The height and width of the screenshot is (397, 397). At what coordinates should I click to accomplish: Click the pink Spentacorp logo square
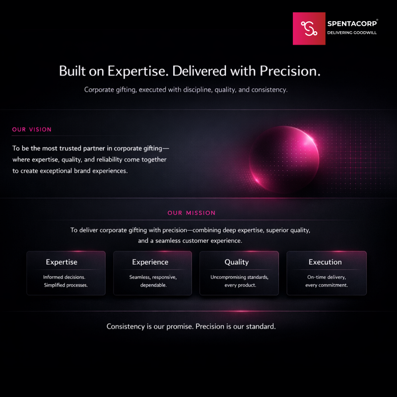tap(309, 29)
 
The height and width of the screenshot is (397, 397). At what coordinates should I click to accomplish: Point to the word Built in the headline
tap(71, 71)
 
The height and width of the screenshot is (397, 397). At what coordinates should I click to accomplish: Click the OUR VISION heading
tap(32, 130)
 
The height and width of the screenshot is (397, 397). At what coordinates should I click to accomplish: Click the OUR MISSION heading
tap(192, 213)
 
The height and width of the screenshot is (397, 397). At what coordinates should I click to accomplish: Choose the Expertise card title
tap(62, 262)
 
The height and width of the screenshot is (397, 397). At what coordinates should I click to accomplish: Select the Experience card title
tap(150, 262)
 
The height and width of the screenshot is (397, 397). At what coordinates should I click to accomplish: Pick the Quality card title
tap(237, 262)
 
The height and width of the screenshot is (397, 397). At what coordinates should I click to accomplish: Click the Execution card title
tap(325, 262)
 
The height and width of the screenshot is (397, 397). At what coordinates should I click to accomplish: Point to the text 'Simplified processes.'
tap(66, 285)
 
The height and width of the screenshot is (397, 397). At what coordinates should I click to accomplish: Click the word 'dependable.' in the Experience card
tap(153, 285)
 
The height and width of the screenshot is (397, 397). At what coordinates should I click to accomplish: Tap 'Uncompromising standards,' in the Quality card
tap(239, 277)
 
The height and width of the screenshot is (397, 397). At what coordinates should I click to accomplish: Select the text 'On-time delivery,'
tap(327, 277)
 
